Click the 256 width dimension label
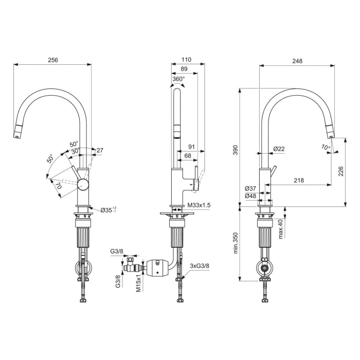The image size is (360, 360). click(53, 60)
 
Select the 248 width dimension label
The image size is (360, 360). click(297, 61)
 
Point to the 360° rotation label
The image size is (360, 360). click(178, 79)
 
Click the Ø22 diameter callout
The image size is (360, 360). click(279, 149)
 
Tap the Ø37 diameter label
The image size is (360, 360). click(250, 188)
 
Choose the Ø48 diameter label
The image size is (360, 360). click(250, 196)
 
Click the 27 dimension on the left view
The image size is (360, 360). click(100, 150)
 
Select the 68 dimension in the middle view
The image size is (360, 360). click(188, 156)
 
